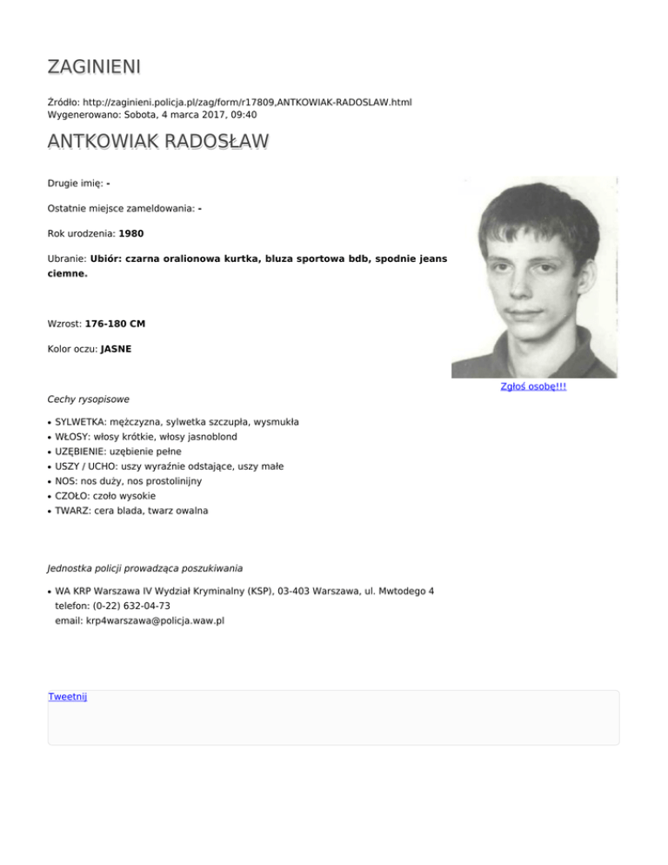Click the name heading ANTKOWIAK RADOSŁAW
[x=157, y=142]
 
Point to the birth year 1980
[x=131, y=233]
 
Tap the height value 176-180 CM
[x=115, y=324]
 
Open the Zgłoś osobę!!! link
[x=534, y=386]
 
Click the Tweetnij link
[x=67, y=696]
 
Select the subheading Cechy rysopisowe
[x=88, y=399]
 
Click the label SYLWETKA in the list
[x=78, y=421]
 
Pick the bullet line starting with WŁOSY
[x=146, y=436]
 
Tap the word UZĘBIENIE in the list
[x=82, y=451]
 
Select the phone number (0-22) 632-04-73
[x=130, y=606]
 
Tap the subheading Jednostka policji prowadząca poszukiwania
[x=144, y=569]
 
